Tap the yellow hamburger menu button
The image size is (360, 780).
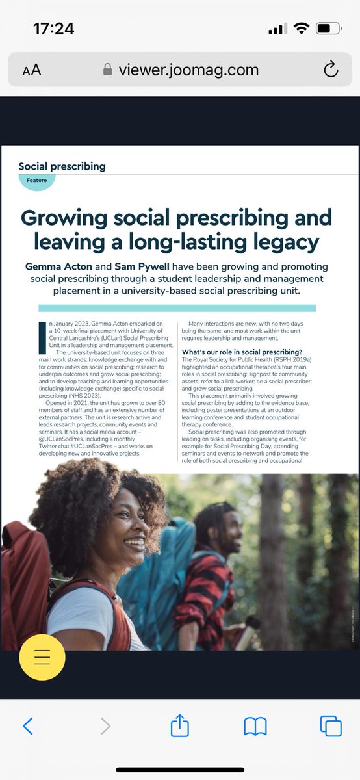point(42,656)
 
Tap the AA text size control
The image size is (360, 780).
point(31,70)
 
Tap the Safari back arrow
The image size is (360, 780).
point(28,725)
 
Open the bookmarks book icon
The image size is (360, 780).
point(255,725)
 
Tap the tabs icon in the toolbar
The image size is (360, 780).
point(331,725)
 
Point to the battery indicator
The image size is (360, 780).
point(331,29)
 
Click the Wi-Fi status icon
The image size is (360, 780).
point(301,29)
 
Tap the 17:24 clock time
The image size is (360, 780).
point(53,29)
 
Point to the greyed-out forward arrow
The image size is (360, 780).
point(105,725)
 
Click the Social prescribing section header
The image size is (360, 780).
point(62,166)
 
